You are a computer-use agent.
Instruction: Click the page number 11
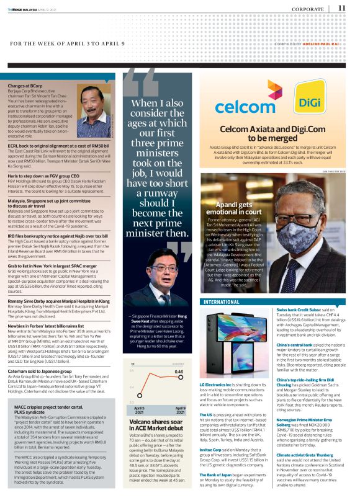[342, 8]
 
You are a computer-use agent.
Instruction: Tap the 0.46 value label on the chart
[178, 372]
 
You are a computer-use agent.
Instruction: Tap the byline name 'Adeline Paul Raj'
[325, 43]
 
